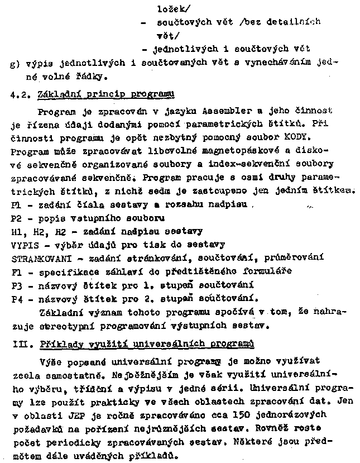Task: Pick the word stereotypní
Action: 58,324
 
